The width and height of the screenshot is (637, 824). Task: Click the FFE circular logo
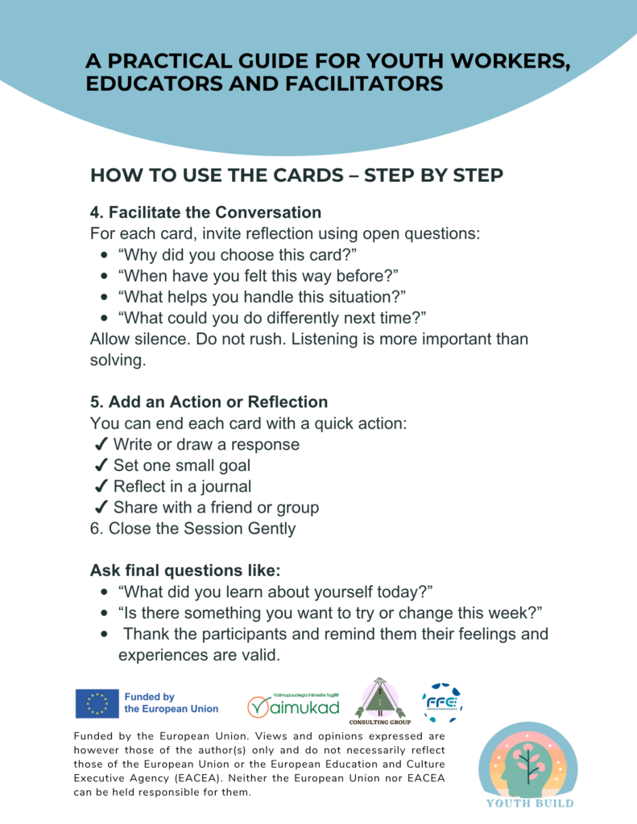442,702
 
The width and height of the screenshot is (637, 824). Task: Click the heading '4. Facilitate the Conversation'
205,212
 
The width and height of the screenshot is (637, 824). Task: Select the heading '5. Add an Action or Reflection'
209,402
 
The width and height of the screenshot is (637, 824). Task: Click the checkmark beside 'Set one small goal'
101,466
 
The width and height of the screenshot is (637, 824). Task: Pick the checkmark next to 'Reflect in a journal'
101,487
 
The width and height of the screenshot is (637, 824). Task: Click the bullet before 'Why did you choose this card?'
105,255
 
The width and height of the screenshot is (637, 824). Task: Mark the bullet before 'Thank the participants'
105,634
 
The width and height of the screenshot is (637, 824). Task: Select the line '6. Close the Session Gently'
192,529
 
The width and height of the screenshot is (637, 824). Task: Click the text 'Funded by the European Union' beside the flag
171,702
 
